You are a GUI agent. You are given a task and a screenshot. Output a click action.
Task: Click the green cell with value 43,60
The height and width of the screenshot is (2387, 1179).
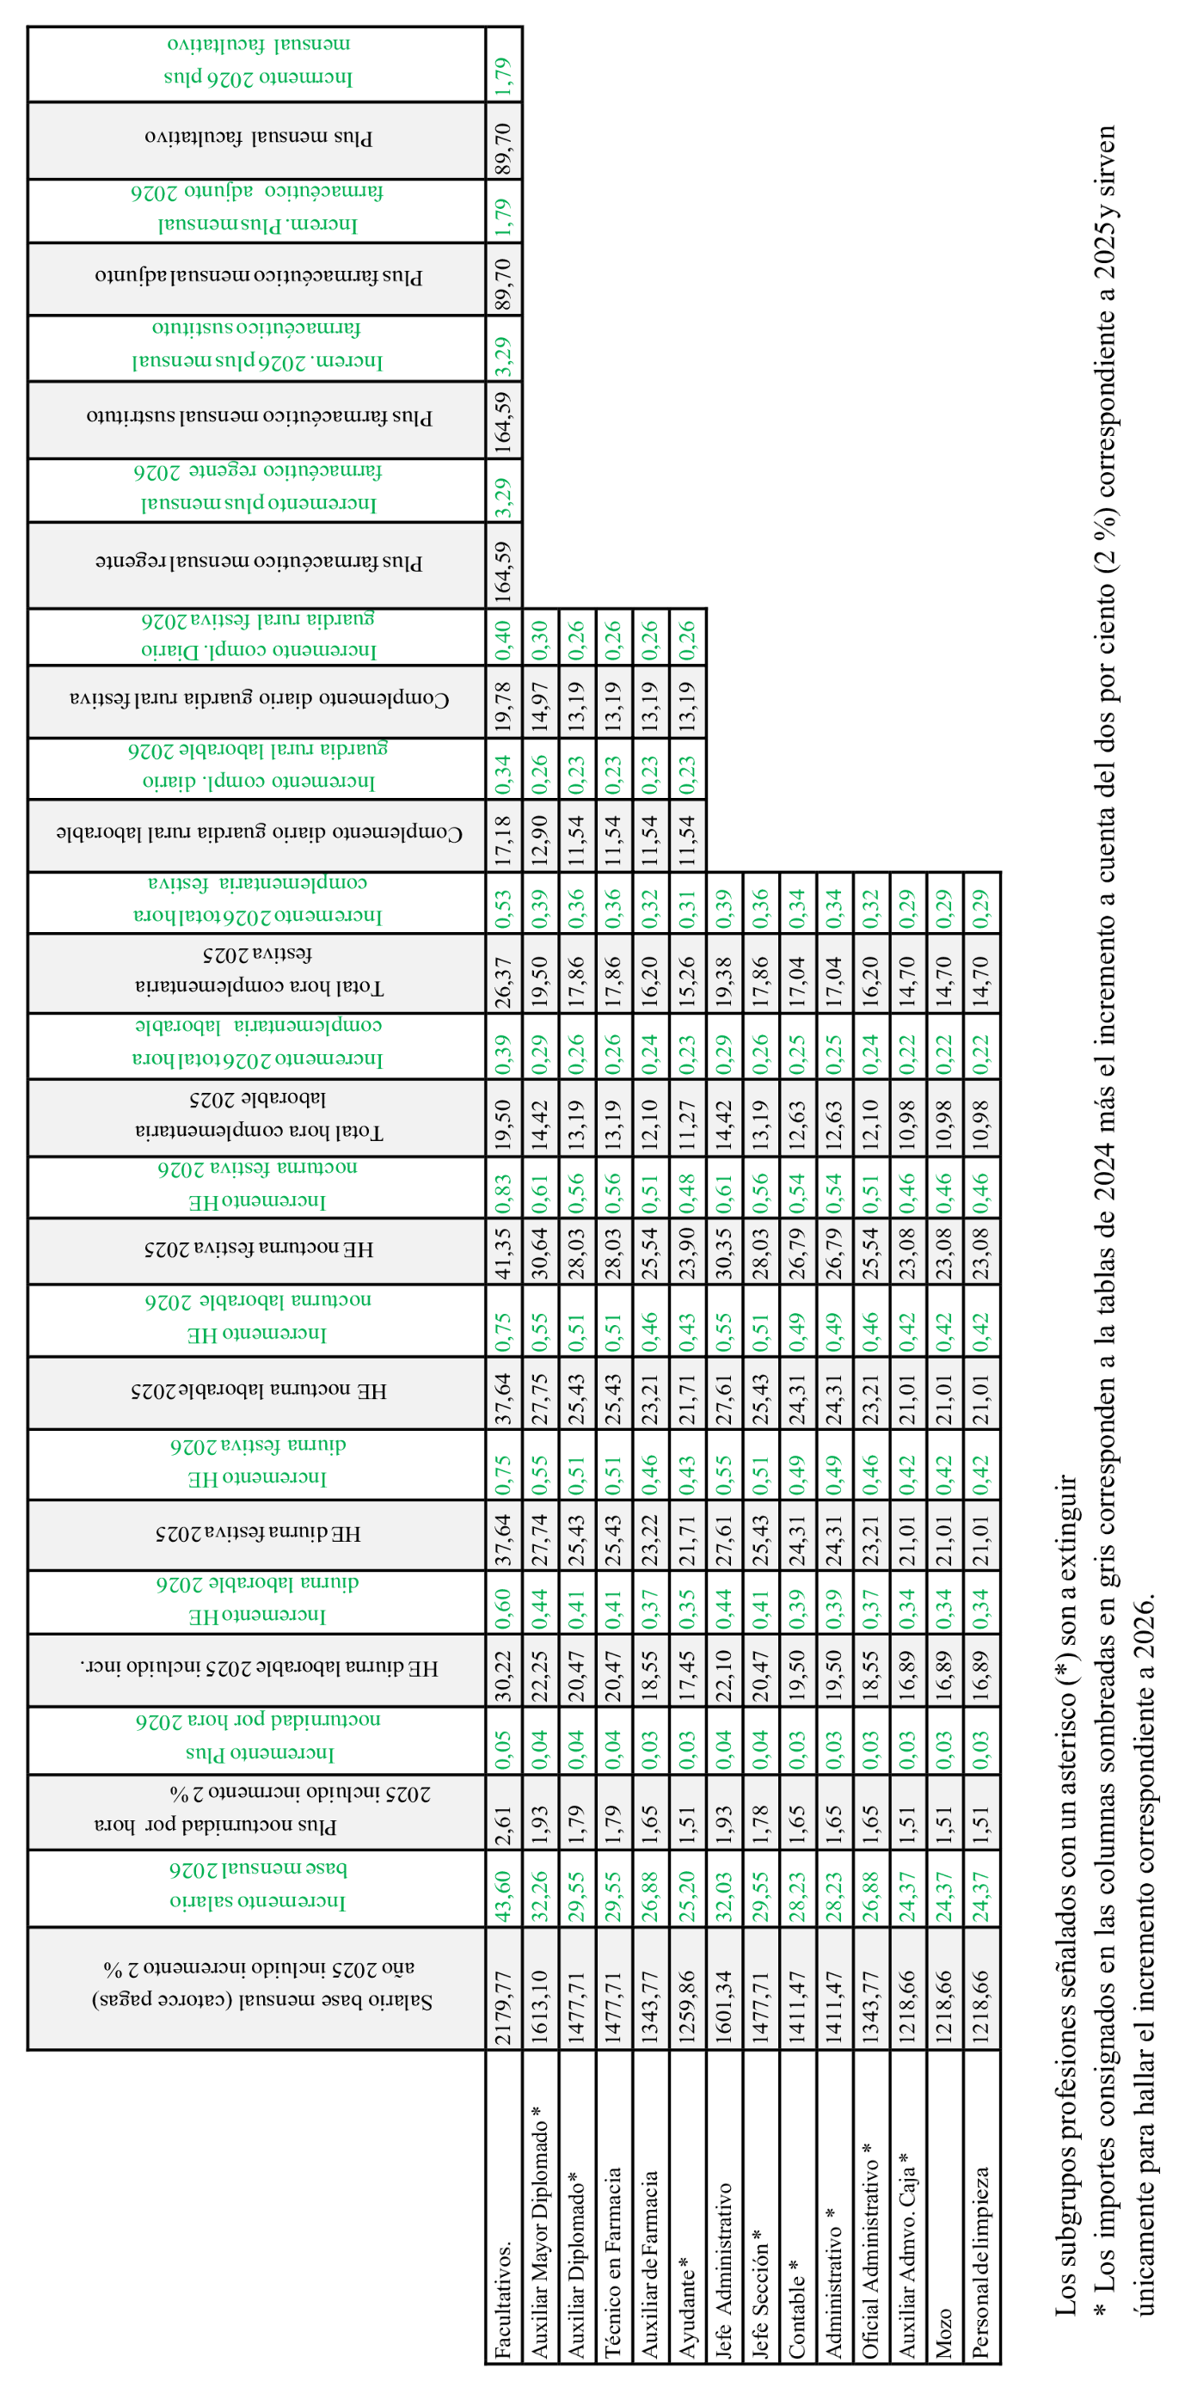[503, 1889]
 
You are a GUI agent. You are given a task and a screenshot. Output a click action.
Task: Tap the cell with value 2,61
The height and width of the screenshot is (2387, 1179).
[503, 1822]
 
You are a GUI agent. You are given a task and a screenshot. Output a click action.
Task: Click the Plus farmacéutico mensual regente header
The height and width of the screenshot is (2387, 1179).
[259, 563]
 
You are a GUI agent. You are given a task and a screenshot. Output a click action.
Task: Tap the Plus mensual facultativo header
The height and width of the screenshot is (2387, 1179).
[259, 138]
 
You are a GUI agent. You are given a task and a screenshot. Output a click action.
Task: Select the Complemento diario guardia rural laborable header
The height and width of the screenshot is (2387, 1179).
[259, 833]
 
